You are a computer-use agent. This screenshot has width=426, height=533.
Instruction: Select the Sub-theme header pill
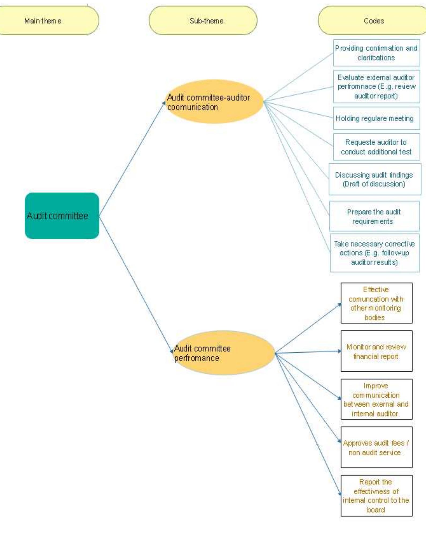click(x=203, y=21)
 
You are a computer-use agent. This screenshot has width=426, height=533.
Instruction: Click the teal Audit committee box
click(x=62, y=216)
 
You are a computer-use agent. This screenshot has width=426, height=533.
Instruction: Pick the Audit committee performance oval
click(x=224, y=353)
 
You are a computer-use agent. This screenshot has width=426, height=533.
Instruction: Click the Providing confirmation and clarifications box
click(x=376, y=53)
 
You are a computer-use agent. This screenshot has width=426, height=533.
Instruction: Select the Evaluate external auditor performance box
click(x=376, y=87)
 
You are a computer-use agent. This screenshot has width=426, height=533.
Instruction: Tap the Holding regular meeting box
click(x=376, y=118)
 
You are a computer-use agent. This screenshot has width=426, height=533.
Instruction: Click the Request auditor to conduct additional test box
click(x=376, y=147)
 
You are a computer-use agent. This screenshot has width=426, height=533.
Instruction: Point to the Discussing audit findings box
click(x=375, y=179)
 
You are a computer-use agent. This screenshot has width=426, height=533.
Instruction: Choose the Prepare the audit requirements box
click(x=374, y=216)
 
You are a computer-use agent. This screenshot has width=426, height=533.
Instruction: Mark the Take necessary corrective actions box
click(x=374, y=253)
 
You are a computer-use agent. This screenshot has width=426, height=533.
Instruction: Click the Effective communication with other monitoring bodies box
click(x=376, y=303)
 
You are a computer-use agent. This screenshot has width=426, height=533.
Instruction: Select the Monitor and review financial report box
click(x=376, y=351)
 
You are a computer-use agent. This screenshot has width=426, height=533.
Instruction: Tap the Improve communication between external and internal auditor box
click(x=376, y=399)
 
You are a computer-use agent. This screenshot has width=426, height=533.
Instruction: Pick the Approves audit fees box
click(x=376, y=447)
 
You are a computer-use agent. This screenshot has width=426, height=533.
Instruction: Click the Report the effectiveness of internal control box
click(x=376, y=495)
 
